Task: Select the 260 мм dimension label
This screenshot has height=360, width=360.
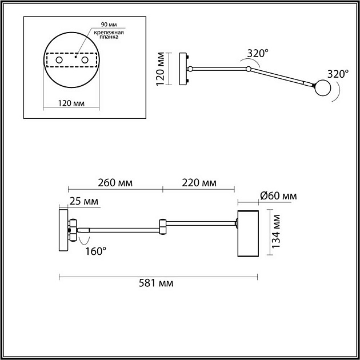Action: [x=115, y=183]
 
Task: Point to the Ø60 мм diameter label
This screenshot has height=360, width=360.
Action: [x=278, y=196]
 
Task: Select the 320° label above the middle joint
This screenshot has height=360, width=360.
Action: [x=257, y=54]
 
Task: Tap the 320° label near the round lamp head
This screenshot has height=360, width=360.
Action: [x=338, y=74]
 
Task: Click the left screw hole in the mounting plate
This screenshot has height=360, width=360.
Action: [x=59, y=60]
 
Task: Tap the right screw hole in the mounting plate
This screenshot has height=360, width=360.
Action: [x=85, y=60]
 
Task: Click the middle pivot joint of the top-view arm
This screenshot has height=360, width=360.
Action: [x=248, y=70]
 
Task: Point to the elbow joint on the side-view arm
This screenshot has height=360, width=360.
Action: [x=163, y=227]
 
